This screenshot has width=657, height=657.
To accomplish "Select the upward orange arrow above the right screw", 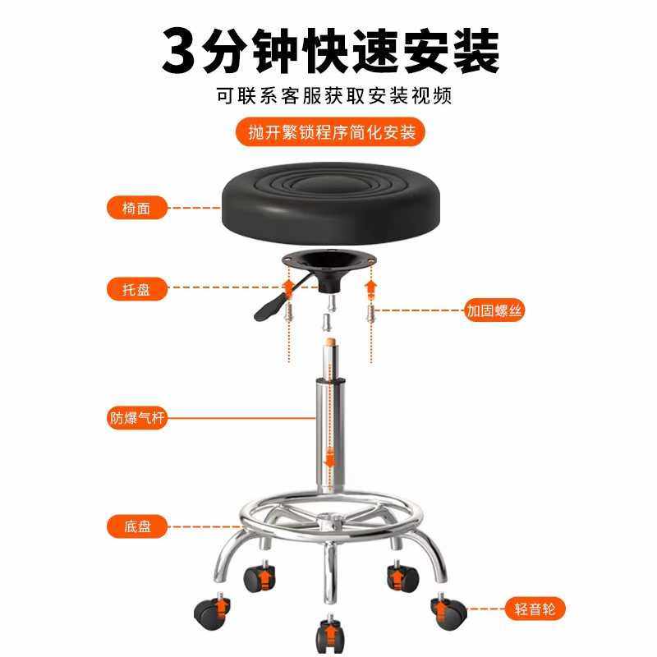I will coord(370,288).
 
